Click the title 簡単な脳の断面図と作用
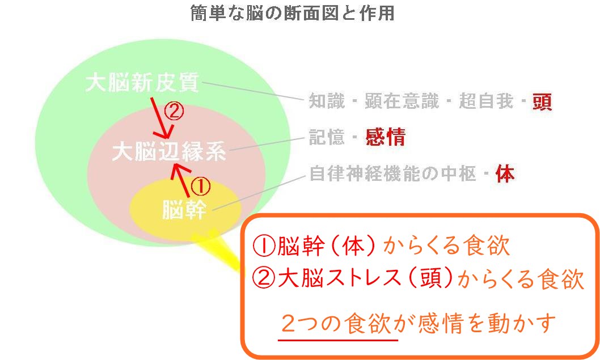(293, 13)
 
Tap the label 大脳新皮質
(142, 83)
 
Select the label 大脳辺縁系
(169, 151)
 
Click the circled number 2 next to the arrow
(174, 110)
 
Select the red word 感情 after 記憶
(386, 137)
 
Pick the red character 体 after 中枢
(505, 173)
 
